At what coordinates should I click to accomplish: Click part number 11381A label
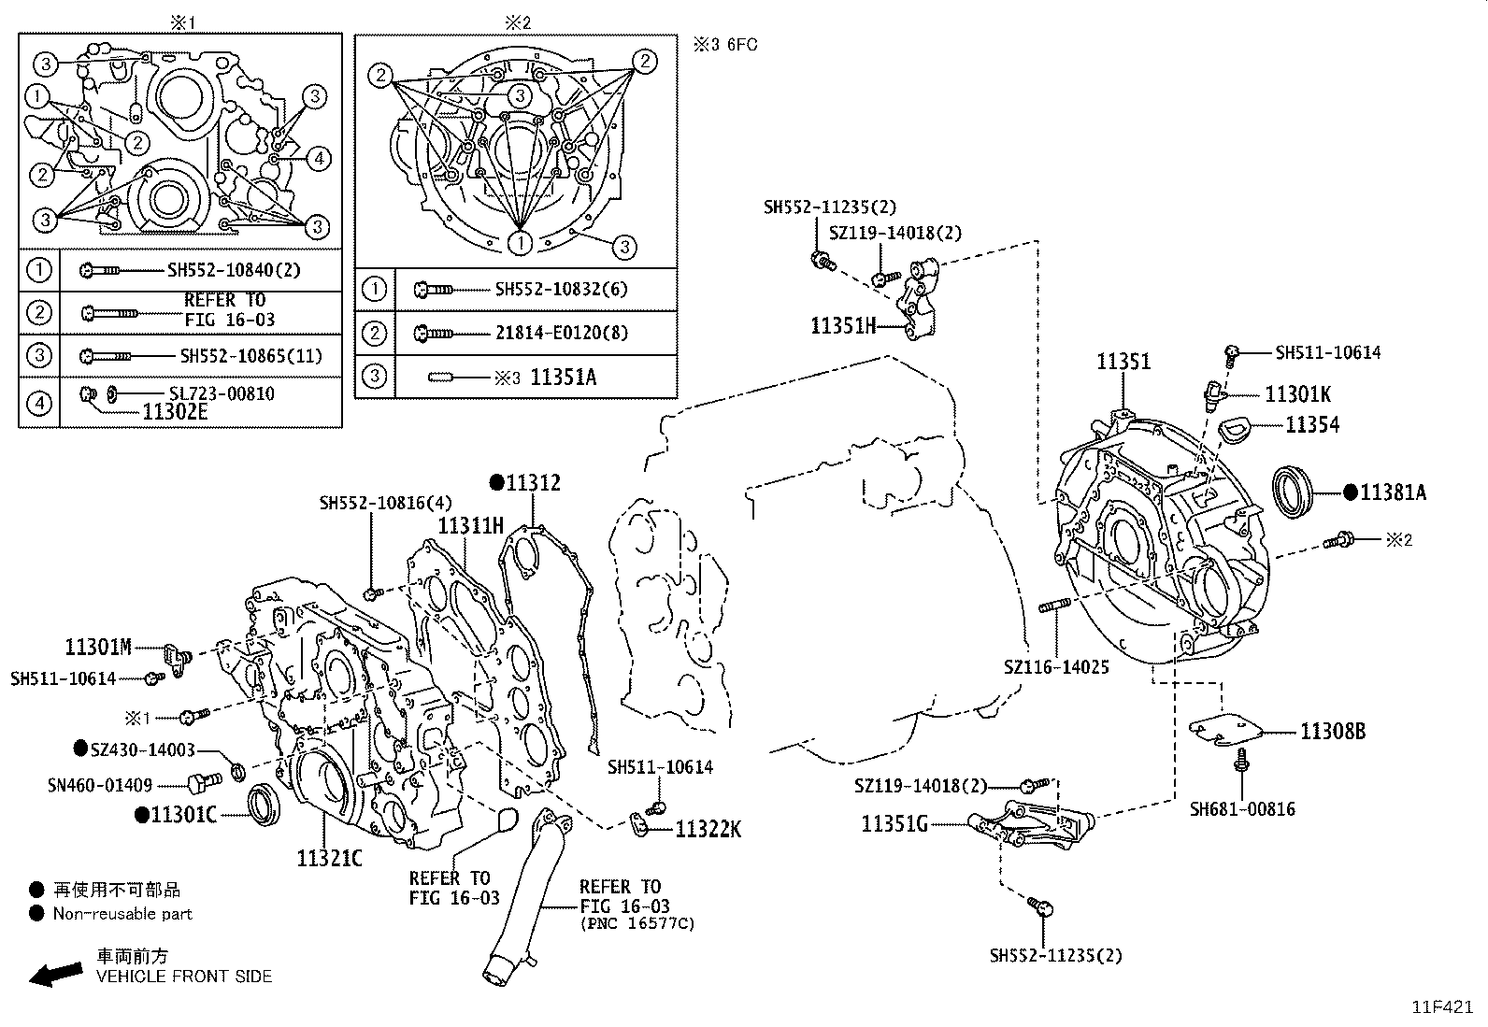coord(1393,492)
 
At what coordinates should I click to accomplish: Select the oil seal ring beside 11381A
coord(1294,491)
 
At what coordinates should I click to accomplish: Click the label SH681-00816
coord(1242,809)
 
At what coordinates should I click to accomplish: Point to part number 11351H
coord(842,325)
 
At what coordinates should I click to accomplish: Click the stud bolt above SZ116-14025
coord(1054,606)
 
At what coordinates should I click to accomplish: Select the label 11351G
coord(894,823)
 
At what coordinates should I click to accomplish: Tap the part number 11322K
coord(708,829)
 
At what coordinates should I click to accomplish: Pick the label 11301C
coord(183,816)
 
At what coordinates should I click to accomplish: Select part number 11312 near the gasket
coord(533,483)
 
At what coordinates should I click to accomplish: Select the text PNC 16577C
coord(637,924)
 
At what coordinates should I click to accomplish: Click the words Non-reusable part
coord(122,914)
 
